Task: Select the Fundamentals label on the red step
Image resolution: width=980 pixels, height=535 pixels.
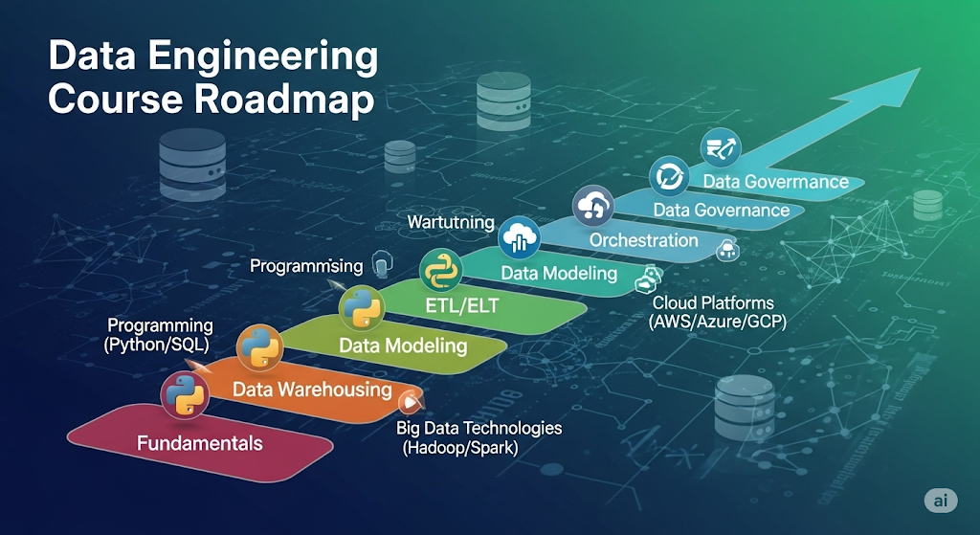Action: tap(199, 443)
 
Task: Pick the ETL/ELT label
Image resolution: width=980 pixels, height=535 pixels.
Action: tap(461, 305)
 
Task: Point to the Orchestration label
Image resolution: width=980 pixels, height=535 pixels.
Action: tap(643, 239)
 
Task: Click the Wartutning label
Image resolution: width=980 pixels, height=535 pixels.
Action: tap(451, 222)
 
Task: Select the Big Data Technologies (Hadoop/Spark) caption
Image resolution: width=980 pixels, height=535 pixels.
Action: tap(479, 437)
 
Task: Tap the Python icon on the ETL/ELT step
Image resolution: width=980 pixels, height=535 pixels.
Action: tap(441, 270)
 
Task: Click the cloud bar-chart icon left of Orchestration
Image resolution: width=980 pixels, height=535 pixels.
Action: tap(520, 236)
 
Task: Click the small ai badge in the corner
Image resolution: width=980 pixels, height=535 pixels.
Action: tap(941, 501)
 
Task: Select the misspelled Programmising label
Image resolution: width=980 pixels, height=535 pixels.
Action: tap(306, 265)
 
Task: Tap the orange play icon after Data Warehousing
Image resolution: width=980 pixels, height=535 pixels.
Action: tap(412, 401)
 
